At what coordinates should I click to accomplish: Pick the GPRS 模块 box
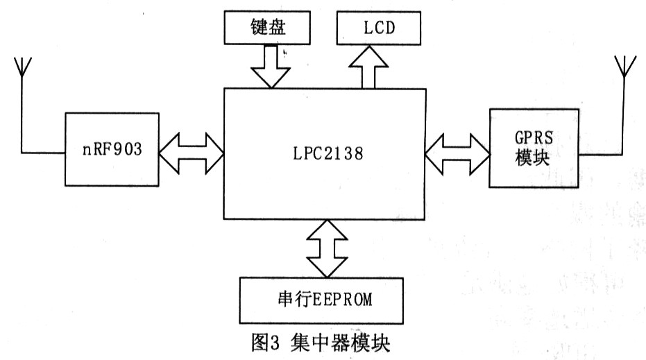click(x=534, y=147)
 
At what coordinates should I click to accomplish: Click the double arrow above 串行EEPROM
click(x=325, y=247)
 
